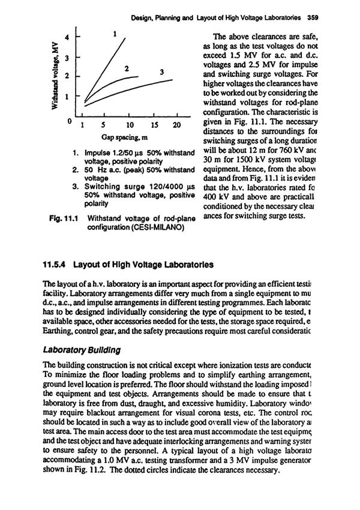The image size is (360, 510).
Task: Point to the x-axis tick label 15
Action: [x=153, y=125]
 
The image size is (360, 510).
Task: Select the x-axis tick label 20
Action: [x=176, y=125]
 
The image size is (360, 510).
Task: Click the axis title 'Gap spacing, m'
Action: [x=128, y=137]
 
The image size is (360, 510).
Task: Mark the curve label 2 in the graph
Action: [x=127, y=68]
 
